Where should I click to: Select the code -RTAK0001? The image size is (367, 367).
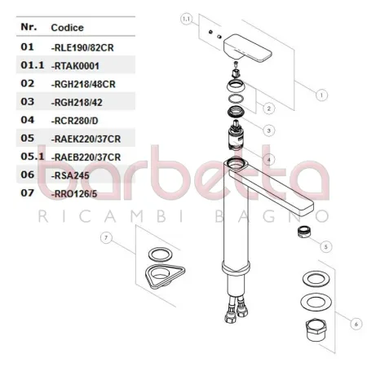pyautogui.click(x=76, y=64)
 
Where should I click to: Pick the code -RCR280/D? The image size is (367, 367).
pyautogui.click(x=76, y=120)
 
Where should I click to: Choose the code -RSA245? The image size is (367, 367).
pyautogui.click(x=69, y=175)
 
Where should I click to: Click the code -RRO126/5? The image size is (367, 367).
pyautogui.click(x=74, y=194)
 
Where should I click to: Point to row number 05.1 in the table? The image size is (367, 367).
pyautogui.click(x=31, y=157)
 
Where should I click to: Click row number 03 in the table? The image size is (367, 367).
pyautogui.click(x=27, y=101)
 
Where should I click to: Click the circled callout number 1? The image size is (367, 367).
pyautogui.click(x=321, y=95)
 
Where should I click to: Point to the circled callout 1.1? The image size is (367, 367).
pyautogui.click(x=186, y=17)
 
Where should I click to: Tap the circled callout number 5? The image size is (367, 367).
pyautogui.click(x=325, y=245)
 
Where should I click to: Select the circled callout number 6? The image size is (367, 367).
pyautogui.click(x=356, y=324)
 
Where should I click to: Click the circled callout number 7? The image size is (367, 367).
pyautogui.click(x=106, y=237)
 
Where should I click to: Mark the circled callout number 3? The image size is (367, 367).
pyautogui.click(x=269, y=130)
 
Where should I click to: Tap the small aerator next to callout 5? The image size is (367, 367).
pyautogui.click(x=301, y=232)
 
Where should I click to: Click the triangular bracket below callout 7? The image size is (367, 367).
pyautogui.click(x=161, y=276)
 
